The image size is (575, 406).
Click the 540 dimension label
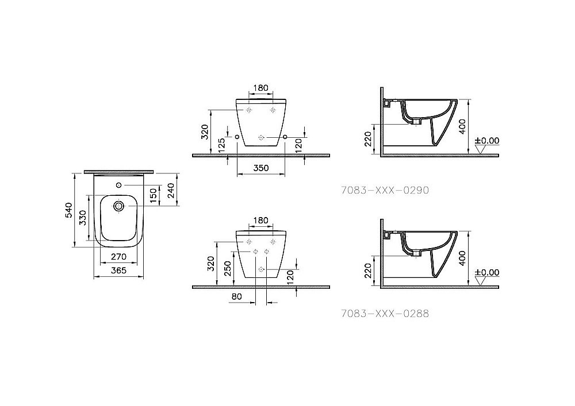pos(69,210)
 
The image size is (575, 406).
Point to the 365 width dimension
pos(118,270)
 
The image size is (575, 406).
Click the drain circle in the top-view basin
pos(118,206)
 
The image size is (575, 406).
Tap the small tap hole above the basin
pos(118,185)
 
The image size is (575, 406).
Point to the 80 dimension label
pos(237,297)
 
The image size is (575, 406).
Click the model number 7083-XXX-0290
pos(385,190)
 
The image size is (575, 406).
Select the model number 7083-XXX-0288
pos(385,314)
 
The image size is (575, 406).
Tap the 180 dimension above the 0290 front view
pos(260,88)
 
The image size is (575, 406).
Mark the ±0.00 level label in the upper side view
pos(487,140)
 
